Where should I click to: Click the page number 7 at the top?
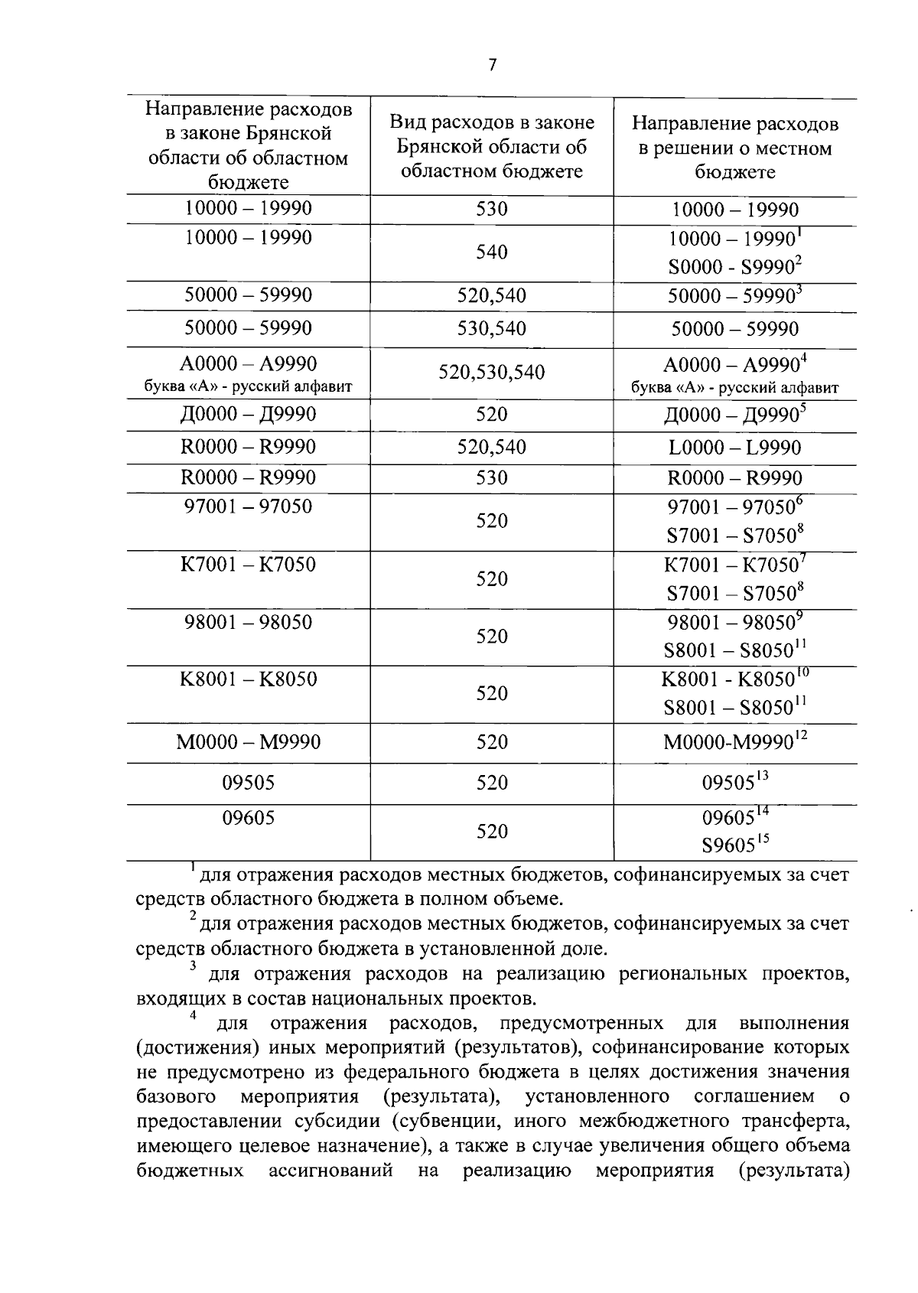492,66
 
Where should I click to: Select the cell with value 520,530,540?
491,373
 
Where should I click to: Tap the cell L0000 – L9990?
734,448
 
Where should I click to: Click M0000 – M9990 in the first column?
248,741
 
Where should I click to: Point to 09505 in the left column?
248,783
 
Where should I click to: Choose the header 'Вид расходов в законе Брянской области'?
491,146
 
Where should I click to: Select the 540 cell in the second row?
491,252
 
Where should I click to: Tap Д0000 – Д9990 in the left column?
248,415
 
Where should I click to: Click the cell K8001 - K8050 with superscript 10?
734,679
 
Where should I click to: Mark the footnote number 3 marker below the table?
193,966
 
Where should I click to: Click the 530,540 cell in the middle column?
491,329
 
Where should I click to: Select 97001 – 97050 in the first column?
248,506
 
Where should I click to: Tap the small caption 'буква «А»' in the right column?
734,388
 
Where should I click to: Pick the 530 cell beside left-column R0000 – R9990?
491,478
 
